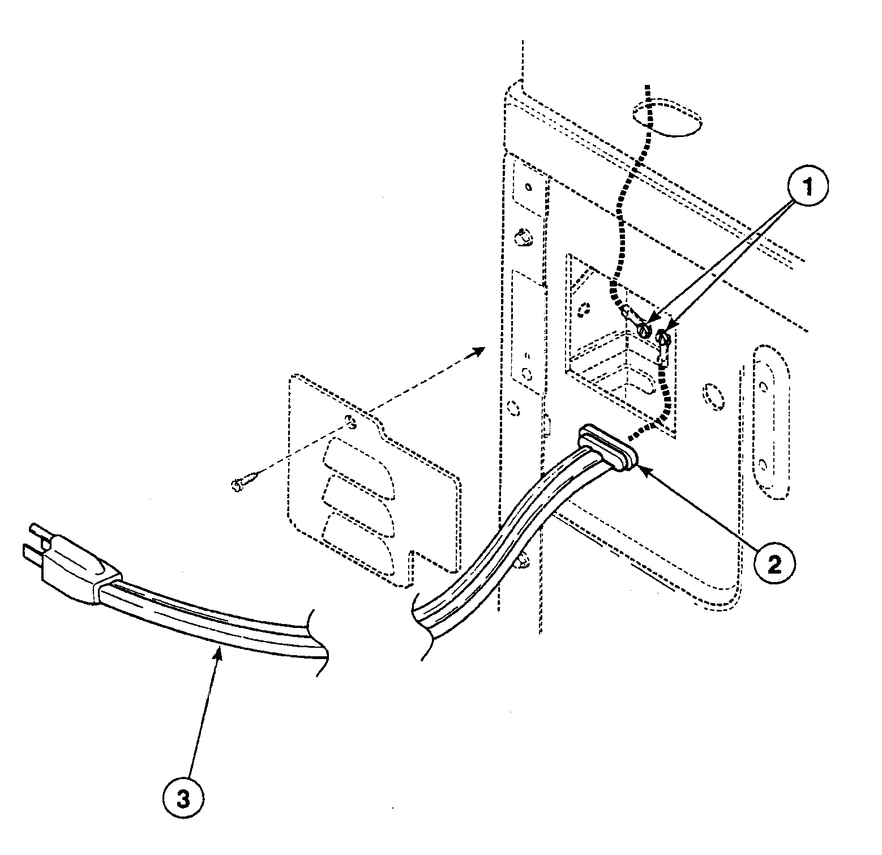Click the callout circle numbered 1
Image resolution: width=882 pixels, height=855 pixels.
coord(808,188)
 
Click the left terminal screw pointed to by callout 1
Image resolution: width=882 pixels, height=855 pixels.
coord(644,330)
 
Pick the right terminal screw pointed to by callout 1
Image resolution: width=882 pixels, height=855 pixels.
coord(663,339)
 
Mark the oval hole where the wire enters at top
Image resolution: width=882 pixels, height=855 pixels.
coord(666,119)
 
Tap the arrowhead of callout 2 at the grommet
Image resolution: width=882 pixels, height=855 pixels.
coord(641,465)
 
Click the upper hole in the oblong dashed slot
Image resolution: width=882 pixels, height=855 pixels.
coord(764,387)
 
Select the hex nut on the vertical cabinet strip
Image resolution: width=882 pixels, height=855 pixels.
coord(525,238)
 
